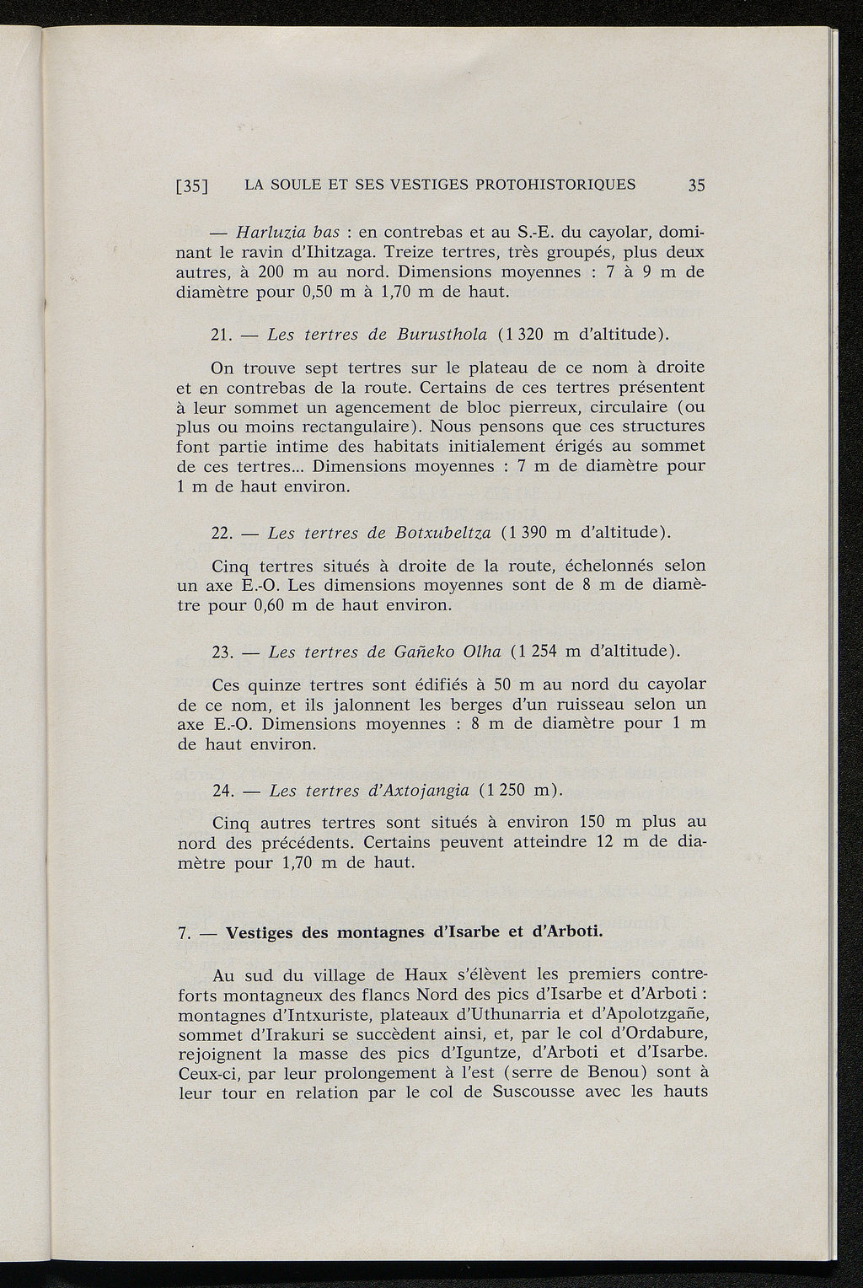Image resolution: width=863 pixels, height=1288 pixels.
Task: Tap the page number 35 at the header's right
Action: coord(695,185)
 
